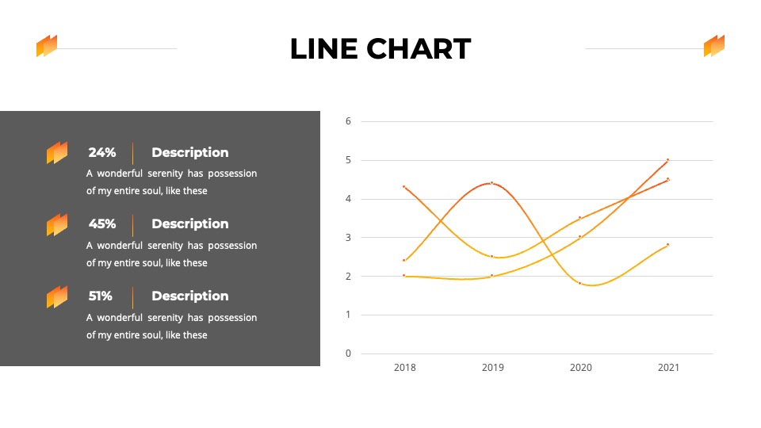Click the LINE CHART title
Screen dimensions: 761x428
coord(380,48)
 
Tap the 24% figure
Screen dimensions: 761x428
coord(102,152)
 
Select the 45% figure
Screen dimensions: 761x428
coord(102,224)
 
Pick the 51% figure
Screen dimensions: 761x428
coord(100,296)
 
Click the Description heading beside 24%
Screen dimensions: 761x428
coord(189,153)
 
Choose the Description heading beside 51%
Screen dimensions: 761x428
coord(189,296)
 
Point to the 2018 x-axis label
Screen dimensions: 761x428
coord(405,368)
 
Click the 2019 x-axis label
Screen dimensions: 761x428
coord(492,368)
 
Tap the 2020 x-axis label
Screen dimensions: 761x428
coord(580,368)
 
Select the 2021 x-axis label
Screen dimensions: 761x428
coord(668,368)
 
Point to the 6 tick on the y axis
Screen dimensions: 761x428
coord(348,121)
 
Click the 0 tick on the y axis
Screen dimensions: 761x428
coord(348,353)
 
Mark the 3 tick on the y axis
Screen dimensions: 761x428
coord(348,238)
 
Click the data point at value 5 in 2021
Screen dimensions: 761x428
coord(667,159)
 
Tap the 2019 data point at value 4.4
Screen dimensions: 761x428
coord(491,183)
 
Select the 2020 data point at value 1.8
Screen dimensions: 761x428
coord(580,284)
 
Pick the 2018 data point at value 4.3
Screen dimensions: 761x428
coord(403,187)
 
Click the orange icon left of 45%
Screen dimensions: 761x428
coord(57,224)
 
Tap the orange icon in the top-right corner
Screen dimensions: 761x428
coord(714,46)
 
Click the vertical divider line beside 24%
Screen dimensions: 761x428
coord(132,153)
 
